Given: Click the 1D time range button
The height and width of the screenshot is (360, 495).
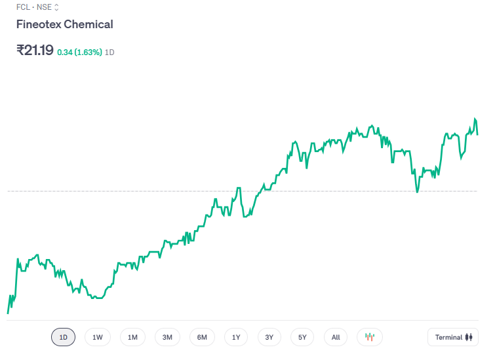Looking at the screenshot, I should pos(64,338).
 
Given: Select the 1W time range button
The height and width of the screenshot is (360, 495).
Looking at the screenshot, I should pos(98,338).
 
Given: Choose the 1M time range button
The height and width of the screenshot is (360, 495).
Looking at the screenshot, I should pos(132,338).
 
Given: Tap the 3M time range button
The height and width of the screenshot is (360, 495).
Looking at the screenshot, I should pos(167,338).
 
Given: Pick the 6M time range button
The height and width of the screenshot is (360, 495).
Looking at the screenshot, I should pos(202,338).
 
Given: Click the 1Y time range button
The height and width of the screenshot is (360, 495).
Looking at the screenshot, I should pos(236,338).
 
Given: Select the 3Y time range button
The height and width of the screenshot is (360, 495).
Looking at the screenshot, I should pos(269,338).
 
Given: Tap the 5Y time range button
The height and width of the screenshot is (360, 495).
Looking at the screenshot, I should pos(302,338).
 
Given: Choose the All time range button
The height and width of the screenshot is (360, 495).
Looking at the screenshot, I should pos(336,338).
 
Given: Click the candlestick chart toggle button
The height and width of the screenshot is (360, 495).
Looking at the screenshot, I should pos(370,338).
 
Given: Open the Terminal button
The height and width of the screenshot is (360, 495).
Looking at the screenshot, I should pos(454,338).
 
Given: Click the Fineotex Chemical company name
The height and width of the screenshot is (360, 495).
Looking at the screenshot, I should pos(64,24).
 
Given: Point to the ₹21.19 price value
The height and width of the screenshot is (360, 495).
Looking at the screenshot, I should pos(35,50).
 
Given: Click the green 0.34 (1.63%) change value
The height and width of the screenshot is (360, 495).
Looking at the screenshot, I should pos(79,52).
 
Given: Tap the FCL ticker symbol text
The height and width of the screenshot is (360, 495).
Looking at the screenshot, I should pos(23,7).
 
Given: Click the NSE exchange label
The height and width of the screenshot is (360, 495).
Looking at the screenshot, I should pos(44,7).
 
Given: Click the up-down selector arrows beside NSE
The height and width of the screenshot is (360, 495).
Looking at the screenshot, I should pos(56,7).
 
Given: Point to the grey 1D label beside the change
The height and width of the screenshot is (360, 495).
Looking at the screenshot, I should pos(110,52).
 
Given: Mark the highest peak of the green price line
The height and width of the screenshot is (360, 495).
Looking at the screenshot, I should pos(475,119).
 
